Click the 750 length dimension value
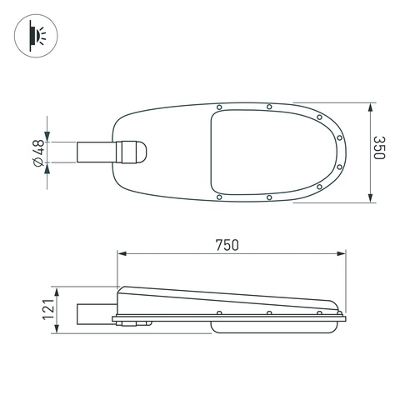pos(227,245)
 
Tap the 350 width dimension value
pos(379,147)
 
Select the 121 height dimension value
pos(48,309)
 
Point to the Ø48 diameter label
pos(38,153)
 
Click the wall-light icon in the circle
pos(37,36)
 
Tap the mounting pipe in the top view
pos(97,152)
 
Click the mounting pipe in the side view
pos(97,314)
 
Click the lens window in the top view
pos(273,152)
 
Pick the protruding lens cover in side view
pos(272,327)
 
